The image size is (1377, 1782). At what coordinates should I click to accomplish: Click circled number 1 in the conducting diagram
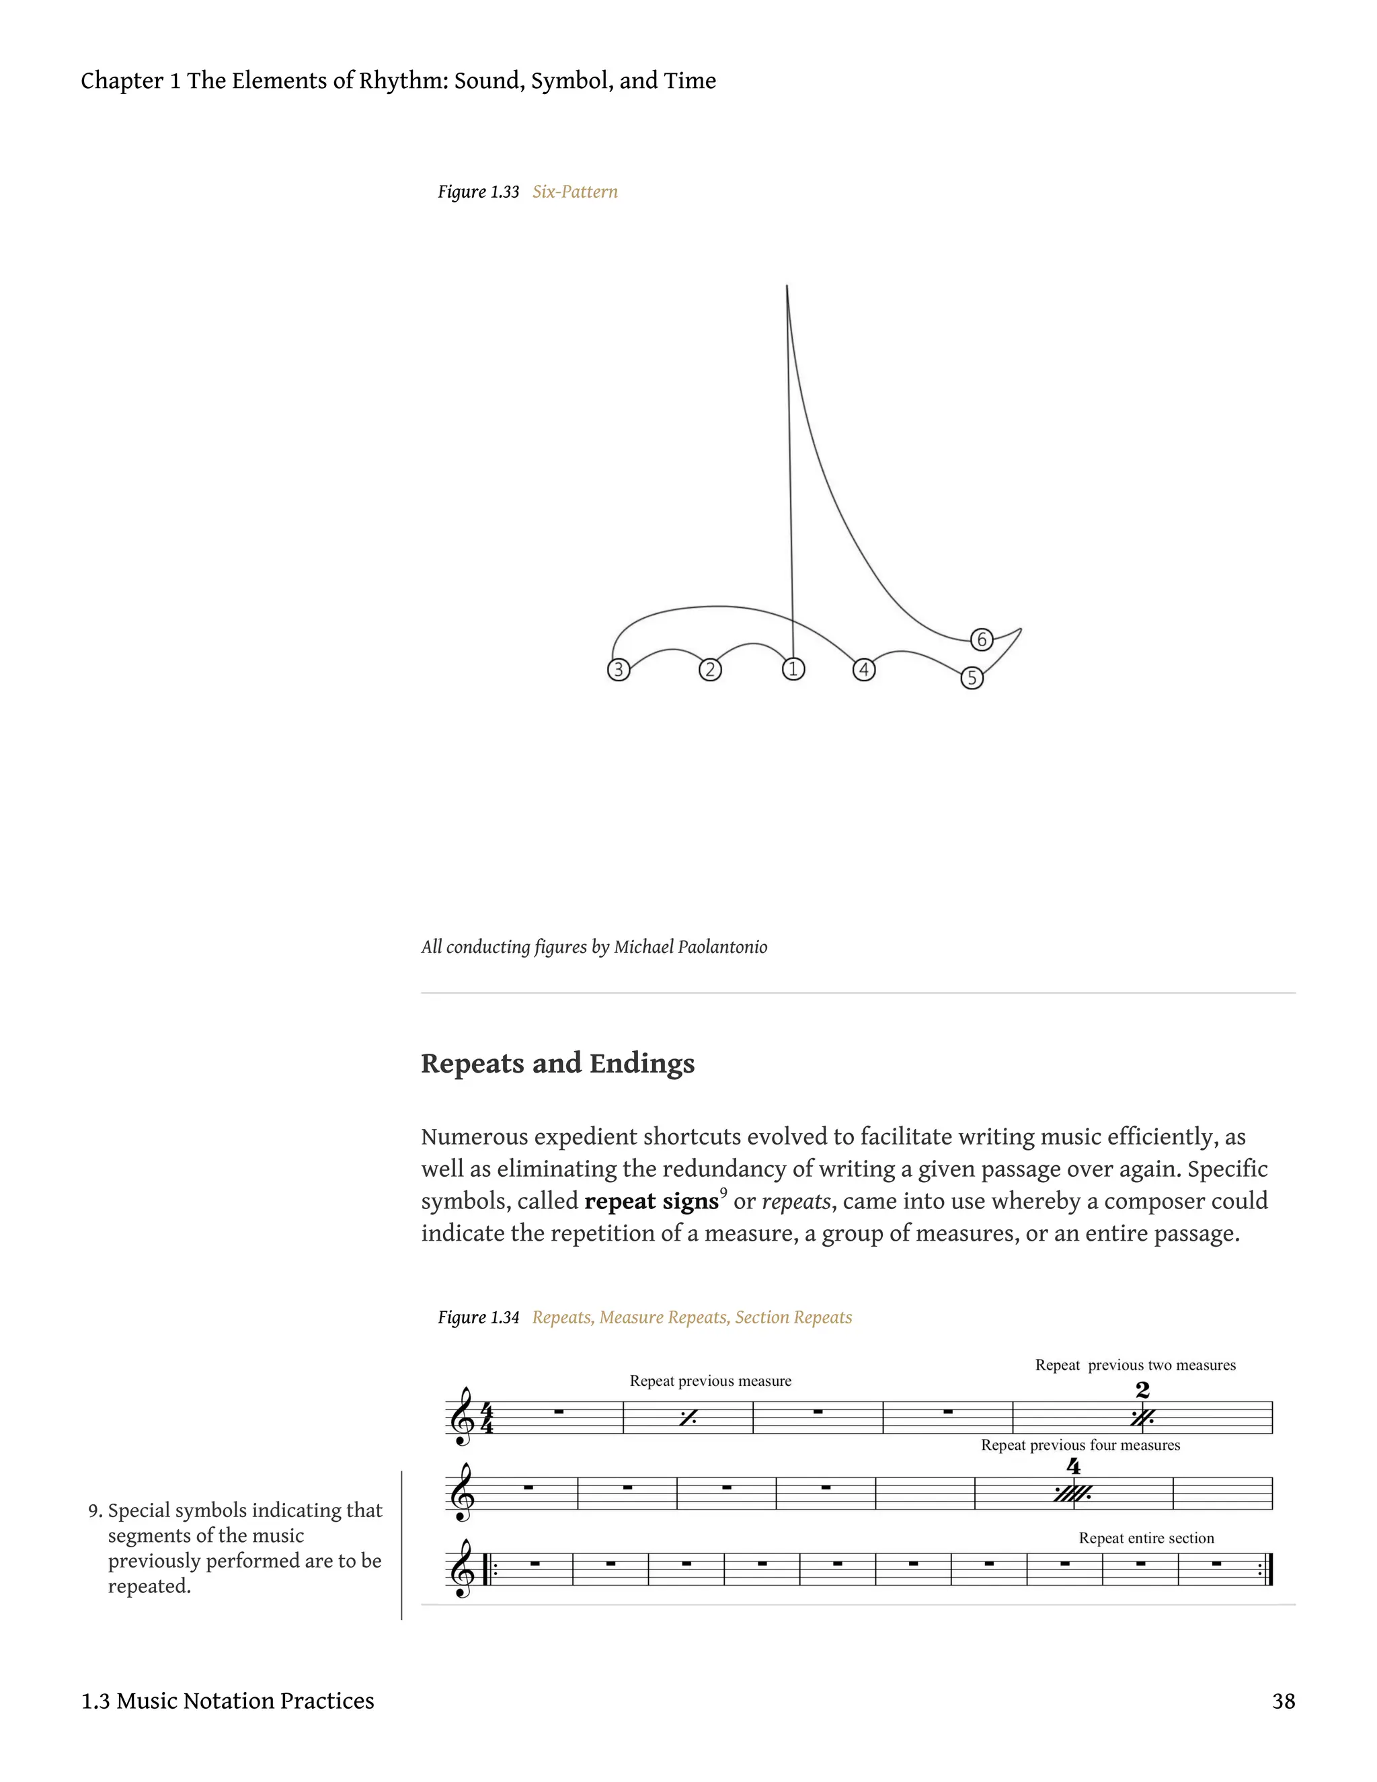click(x=793, y=669)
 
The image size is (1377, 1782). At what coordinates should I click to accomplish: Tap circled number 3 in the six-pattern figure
click(x=619, y=670)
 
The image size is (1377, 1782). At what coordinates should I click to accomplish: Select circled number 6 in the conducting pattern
click(x=982, y=640)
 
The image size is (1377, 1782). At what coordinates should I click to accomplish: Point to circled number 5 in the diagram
click(x=972, y=678)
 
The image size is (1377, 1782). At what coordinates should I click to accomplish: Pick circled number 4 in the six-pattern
click(x=864, y=670)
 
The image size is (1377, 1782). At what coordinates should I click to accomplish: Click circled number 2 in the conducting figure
click(x=710, y=670)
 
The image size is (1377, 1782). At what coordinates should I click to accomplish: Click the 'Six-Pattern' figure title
click(x=574, y=192)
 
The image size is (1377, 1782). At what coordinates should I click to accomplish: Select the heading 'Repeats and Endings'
click(x=557, y=1063)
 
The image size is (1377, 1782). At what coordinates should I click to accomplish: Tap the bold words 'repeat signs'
click(x=651, y=1201)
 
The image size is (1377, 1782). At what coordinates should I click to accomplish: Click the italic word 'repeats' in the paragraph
click(x=795, y=1201)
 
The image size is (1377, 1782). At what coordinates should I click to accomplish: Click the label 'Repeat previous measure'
click(x=710, y=1381)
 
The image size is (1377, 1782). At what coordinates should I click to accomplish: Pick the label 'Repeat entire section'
click(x=1146, y=1538)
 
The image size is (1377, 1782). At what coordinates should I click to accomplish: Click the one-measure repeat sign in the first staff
click(x=688, y=1419)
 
